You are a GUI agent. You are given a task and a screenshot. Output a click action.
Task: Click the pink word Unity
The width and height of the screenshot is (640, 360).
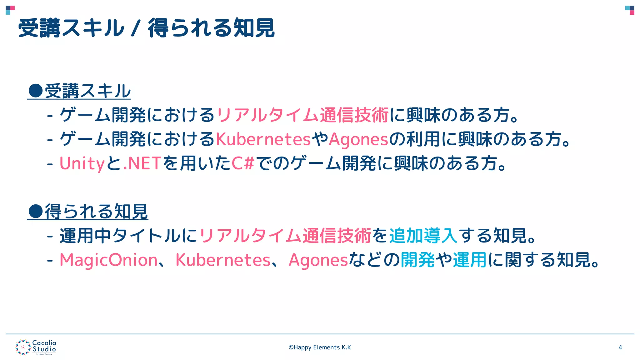[x=82, y=163]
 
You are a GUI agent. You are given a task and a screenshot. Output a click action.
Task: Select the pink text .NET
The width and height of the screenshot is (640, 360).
[x=142, y=163]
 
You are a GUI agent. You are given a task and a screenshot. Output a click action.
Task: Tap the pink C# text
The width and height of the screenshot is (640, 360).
[x=243, y=163]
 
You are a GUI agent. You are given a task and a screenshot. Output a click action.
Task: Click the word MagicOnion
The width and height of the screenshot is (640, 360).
[x=108, y=260]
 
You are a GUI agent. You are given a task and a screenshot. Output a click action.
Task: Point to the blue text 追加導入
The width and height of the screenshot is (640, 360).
[x=423, y=236]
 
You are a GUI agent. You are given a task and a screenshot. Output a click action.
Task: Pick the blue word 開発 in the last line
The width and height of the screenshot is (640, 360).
[x=417, y=260]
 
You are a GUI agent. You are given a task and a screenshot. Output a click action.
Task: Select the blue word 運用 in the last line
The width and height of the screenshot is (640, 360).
[x=470, y=260]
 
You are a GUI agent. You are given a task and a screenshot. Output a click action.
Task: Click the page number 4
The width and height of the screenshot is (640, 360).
[x=620, y=347]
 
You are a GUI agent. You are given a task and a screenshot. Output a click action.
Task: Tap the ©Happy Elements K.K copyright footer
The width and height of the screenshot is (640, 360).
[x=320, y=347]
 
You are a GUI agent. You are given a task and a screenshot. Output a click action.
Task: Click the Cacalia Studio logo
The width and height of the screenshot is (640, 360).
[x=36, y=347]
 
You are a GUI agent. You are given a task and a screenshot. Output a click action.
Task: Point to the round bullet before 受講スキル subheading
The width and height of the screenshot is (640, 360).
[x=35, y=91]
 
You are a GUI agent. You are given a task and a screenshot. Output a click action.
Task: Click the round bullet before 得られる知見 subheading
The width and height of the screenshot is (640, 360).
[x=35, y=211]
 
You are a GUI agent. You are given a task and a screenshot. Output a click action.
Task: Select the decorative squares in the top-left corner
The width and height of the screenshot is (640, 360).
[x=10, y=10]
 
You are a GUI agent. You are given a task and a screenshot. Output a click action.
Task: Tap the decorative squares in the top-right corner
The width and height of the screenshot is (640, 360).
[x=630, y=10]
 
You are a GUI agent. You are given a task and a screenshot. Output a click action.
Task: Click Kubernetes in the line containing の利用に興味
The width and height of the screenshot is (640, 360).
[x=263, y=139]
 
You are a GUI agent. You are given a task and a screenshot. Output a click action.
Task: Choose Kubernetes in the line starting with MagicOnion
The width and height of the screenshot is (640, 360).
[x=223, y=260]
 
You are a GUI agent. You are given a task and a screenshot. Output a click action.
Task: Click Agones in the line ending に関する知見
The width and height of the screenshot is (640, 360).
[x=318, y=260]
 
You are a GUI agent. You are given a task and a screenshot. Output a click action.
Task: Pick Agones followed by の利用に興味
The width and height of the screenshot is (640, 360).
[x=358, y=139]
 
